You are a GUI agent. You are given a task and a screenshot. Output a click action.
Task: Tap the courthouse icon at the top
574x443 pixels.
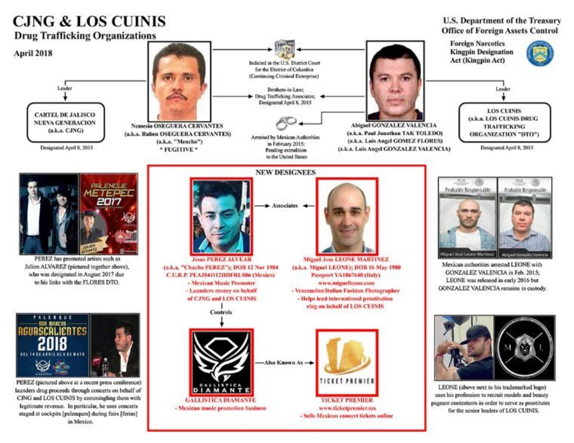[285, 49]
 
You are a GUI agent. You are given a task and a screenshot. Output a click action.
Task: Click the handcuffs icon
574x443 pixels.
[286, 122]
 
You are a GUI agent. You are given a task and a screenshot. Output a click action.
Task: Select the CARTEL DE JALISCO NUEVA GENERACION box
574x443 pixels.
[65, 122]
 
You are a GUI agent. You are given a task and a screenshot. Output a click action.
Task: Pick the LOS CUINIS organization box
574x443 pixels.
[504, 122]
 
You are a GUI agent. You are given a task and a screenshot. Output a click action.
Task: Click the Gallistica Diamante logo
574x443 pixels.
[221, 362]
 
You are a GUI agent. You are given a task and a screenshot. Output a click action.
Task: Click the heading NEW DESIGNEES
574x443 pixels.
[285, 172]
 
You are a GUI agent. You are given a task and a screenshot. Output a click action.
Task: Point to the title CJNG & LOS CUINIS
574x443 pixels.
[89, 21]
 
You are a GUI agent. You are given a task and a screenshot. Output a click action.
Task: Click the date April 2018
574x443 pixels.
[33, 53]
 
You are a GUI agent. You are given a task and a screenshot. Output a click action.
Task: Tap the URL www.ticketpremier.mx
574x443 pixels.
[347, 408]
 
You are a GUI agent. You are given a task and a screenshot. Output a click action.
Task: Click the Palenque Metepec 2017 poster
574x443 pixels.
[109, 214]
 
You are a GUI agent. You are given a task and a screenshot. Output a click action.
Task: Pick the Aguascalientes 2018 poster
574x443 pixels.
[52, 345]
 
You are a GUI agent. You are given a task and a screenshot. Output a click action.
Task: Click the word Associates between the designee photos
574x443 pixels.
[285, 206]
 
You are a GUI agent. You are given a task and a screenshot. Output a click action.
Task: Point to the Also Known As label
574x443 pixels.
[284, 362]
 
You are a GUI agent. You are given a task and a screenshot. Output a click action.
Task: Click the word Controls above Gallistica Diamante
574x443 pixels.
[221, 312]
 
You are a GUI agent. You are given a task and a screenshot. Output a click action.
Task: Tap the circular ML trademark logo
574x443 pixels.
[524, 347]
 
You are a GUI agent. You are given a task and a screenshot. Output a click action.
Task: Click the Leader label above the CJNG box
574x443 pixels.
[65, 88]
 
